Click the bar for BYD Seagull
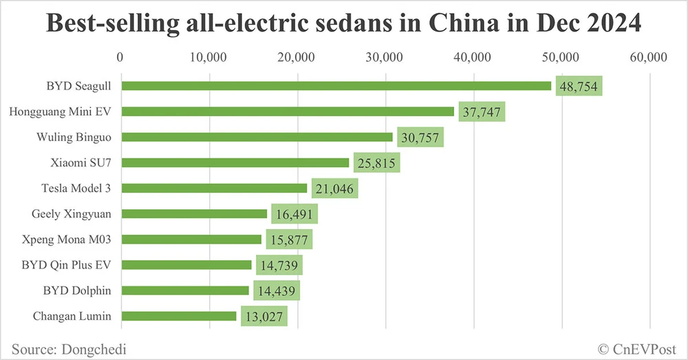coord(336,85)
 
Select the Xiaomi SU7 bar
coord(235,162)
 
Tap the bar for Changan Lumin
coord(178,316)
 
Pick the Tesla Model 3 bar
coord(213,188)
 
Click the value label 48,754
coord(578,86)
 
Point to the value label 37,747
coord(481,112)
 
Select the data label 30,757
coord(420,137)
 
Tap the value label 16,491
coord(294,214)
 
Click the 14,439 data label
coord(276,290)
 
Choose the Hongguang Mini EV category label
coord(61,112)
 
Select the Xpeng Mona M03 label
coord(72,240)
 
